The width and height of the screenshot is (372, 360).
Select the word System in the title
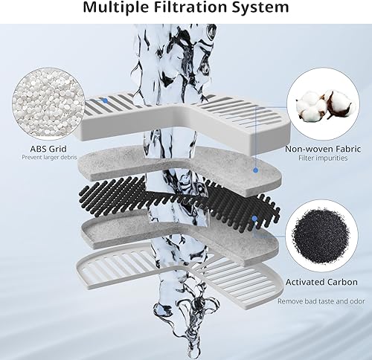pos(260,10)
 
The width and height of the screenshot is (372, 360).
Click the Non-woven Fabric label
pos(318,148)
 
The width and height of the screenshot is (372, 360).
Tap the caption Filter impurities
pos(318,159)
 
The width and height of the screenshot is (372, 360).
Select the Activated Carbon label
pos(318,283)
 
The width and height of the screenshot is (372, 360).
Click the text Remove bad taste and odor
pos(318,301)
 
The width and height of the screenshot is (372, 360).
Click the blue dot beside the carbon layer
pos(254,219)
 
